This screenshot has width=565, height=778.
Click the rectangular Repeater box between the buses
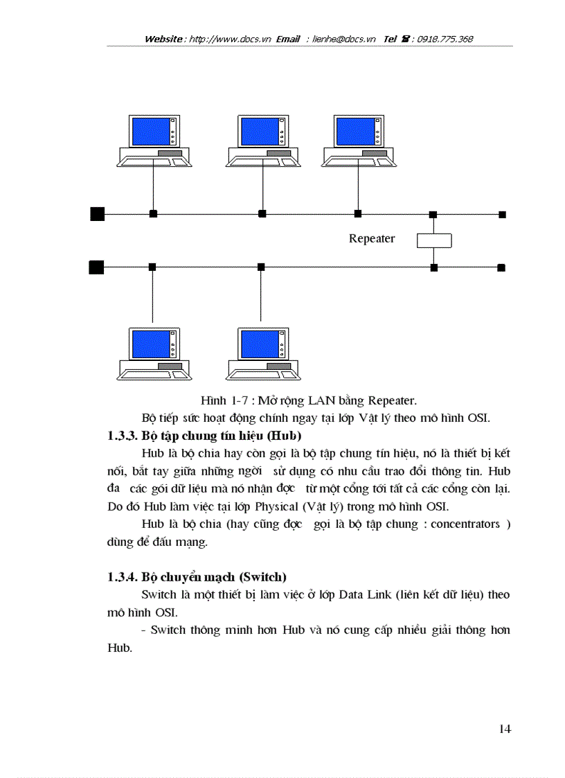[433, 240]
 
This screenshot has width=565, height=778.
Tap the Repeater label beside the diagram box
[372, 238]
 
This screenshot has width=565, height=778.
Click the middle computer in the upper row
[262, 141]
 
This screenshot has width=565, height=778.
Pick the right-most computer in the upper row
[358, 141]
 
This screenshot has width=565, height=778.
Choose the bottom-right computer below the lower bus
[262, 353]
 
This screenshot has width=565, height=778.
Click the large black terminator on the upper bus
[98, 213]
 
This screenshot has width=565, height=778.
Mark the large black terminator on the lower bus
[96, 267]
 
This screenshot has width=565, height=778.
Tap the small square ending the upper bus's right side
[502, 214]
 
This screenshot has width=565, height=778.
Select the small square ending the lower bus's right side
[501, 267]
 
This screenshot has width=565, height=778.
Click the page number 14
[504, 729]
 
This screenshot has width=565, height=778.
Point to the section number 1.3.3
[123, 436]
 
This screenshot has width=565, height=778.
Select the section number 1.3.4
[123, 576]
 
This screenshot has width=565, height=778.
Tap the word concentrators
[465, 524]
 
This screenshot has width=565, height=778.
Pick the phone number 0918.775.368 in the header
[445, 39]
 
